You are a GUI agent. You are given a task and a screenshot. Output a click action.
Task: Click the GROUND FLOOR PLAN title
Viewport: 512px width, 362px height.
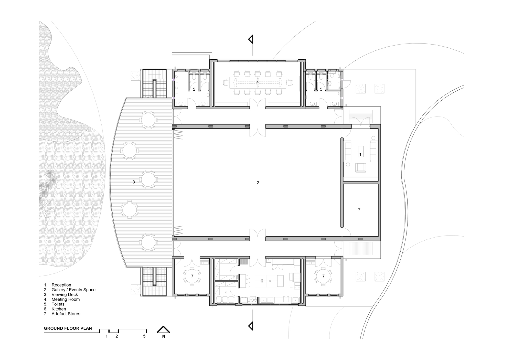68,328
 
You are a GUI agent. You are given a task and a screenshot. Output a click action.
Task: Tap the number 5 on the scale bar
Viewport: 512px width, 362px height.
144,336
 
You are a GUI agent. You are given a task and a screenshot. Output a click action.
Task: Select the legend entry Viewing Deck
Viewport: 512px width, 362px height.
65,295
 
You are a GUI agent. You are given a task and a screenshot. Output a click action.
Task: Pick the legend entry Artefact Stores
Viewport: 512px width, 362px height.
66,314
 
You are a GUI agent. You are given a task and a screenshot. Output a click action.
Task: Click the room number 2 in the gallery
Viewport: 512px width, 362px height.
258,183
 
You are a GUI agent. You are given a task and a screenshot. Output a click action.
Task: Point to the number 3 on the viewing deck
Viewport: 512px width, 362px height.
134,182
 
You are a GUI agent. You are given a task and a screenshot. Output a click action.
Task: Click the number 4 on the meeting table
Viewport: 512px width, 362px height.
258,82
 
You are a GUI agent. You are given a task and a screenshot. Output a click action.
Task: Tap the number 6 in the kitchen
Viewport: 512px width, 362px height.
262,281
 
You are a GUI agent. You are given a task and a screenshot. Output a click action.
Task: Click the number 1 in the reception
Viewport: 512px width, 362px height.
360,155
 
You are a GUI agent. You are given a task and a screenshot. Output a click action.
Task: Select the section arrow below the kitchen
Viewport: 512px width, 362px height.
251,326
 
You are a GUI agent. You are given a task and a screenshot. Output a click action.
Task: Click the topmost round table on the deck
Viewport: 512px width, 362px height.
148,120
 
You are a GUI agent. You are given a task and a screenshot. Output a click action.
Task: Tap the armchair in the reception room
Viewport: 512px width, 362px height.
360,168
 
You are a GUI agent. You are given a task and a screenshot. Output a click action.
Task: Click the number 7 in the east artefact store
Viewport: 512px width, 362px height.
359,210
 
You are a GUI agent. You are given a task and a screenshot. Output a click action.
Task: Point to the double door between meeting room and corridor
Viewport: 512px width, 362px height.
258,103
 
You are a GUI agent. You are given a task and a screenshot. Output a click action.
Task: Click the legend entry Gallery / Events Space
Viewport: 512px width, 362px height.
73,290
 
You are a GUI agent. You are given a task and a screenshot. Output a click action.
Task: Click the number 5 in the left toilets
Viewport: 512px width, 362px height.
194,89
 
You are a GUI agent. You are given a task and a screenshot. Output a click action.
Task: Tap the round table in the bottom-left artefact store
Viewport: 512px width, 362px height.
192,276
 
